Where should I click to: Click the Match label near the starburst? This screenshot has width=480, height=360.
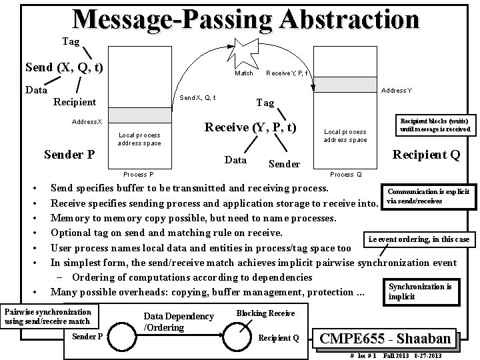tap(244, 73)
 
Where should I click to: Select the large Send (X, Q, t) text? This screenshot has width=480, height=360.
tap(64, 67)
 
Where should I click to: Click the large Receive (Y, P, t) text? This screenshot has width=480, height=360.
tap(251, 127)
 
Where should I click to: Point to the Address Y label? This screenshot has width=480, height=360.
tap(396, 90)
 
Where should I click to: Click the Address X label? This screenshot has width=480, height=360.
tap(87, 122)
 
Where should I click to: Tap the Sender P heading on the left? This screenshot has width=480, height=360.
tap(69, 155)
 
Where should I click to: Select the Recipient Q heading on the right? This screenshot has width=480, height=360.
tap(427, 155)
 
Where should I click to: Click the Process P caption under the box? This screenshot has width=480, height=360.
tap(139, 175)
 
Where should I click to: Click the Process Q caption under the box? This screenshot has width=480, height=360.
tap(346, 175)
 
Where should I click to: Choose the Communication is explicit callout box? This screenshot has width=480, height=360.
tap(429, 195)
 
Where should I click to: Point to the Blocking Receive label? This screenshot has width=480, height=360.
tap(265, 313)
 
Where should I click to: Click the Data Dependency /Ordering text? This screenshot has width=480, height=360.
tap(179, 321)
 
